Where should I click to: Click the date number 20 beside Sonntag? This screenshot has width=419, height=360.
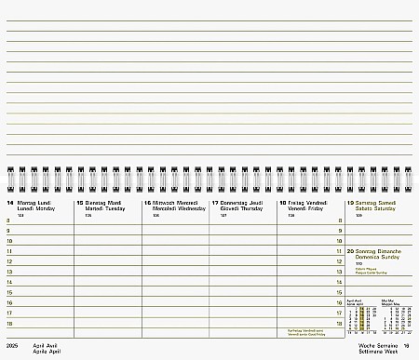tap(350, 252)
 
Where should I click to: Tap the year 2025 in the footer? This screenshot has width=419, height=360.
tap(11, 345)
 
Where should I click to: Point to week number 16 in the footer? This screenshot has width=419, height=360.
tap(407, 345)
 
